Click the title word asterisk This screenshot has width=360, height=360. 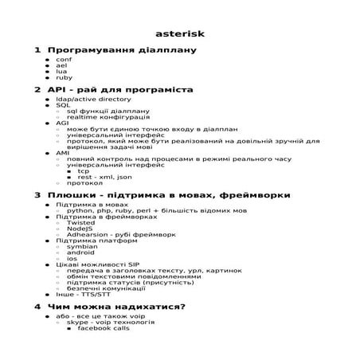(x=179, y=34)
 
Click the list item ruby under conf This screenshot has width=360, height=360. (x=64, y=78)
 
